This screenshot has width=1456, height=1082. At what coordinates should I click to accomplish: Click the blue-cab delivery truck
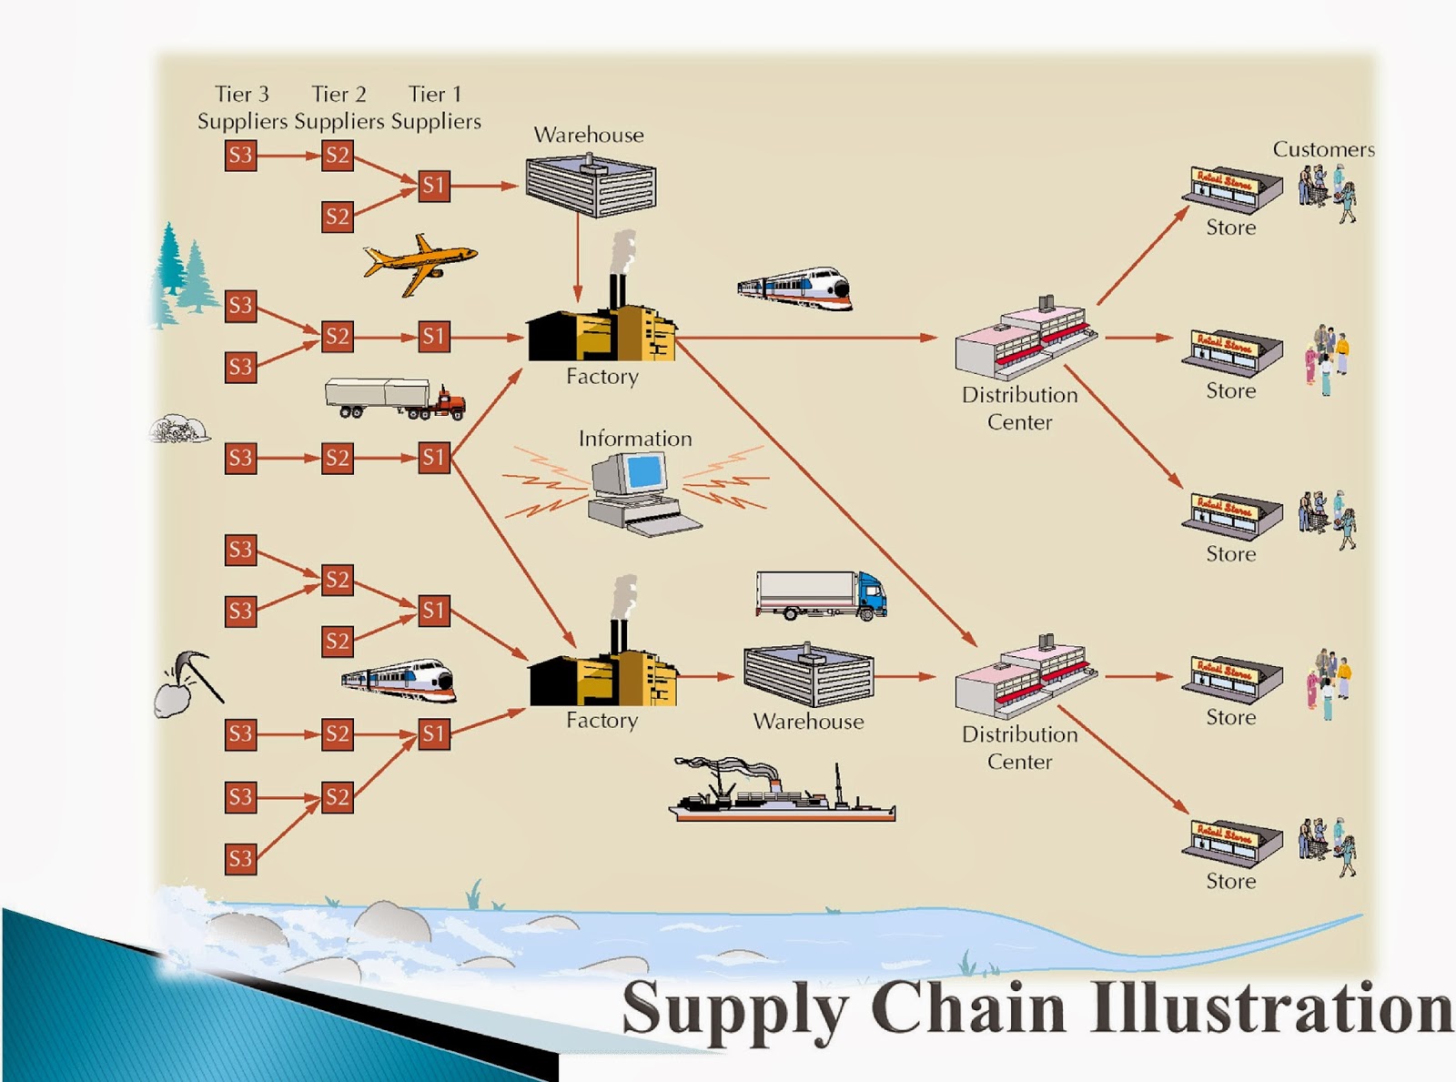coord(821,596)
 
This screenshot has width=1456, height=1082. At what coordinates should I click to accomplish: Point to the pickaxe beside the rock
coord(198,673)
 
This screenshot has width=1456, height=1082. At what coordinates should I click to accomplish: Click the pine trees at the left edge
coord(182,273)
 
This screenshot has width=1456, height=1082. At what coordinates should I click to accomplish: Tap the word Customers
coord(1323,149)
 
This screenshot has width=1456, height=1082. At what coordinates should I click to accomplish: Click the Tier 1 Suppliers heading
coord(435,107)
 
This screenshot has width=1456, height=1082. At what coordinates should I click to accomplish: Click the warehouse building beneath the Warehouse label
coord(591,187)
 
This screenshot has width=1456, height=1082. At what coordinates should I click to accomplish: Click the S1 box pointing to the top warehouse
coord(434,186)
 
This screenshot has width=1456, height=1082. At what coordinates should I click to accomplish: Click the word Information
coord(635,439)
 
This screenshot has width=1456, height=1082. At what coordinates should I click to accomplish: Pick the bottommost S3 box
coord(240,858)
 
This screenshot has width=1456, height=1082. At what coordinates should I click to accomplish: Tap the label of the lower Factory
coord(602,720)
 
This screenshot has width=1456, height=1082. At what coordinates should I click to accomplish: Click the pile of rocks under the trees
coord(179,429)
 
